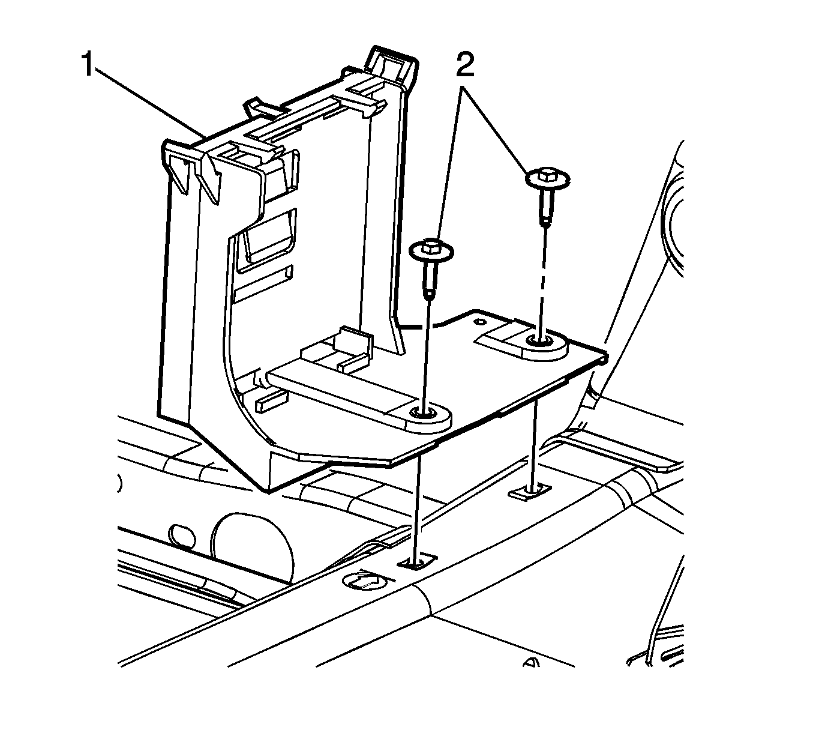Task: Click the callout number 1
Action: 88,65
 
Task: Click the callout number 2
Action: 465,64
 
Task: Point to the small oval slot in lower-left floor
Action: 182,536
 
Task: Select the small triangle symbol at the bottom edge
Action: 530,662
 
